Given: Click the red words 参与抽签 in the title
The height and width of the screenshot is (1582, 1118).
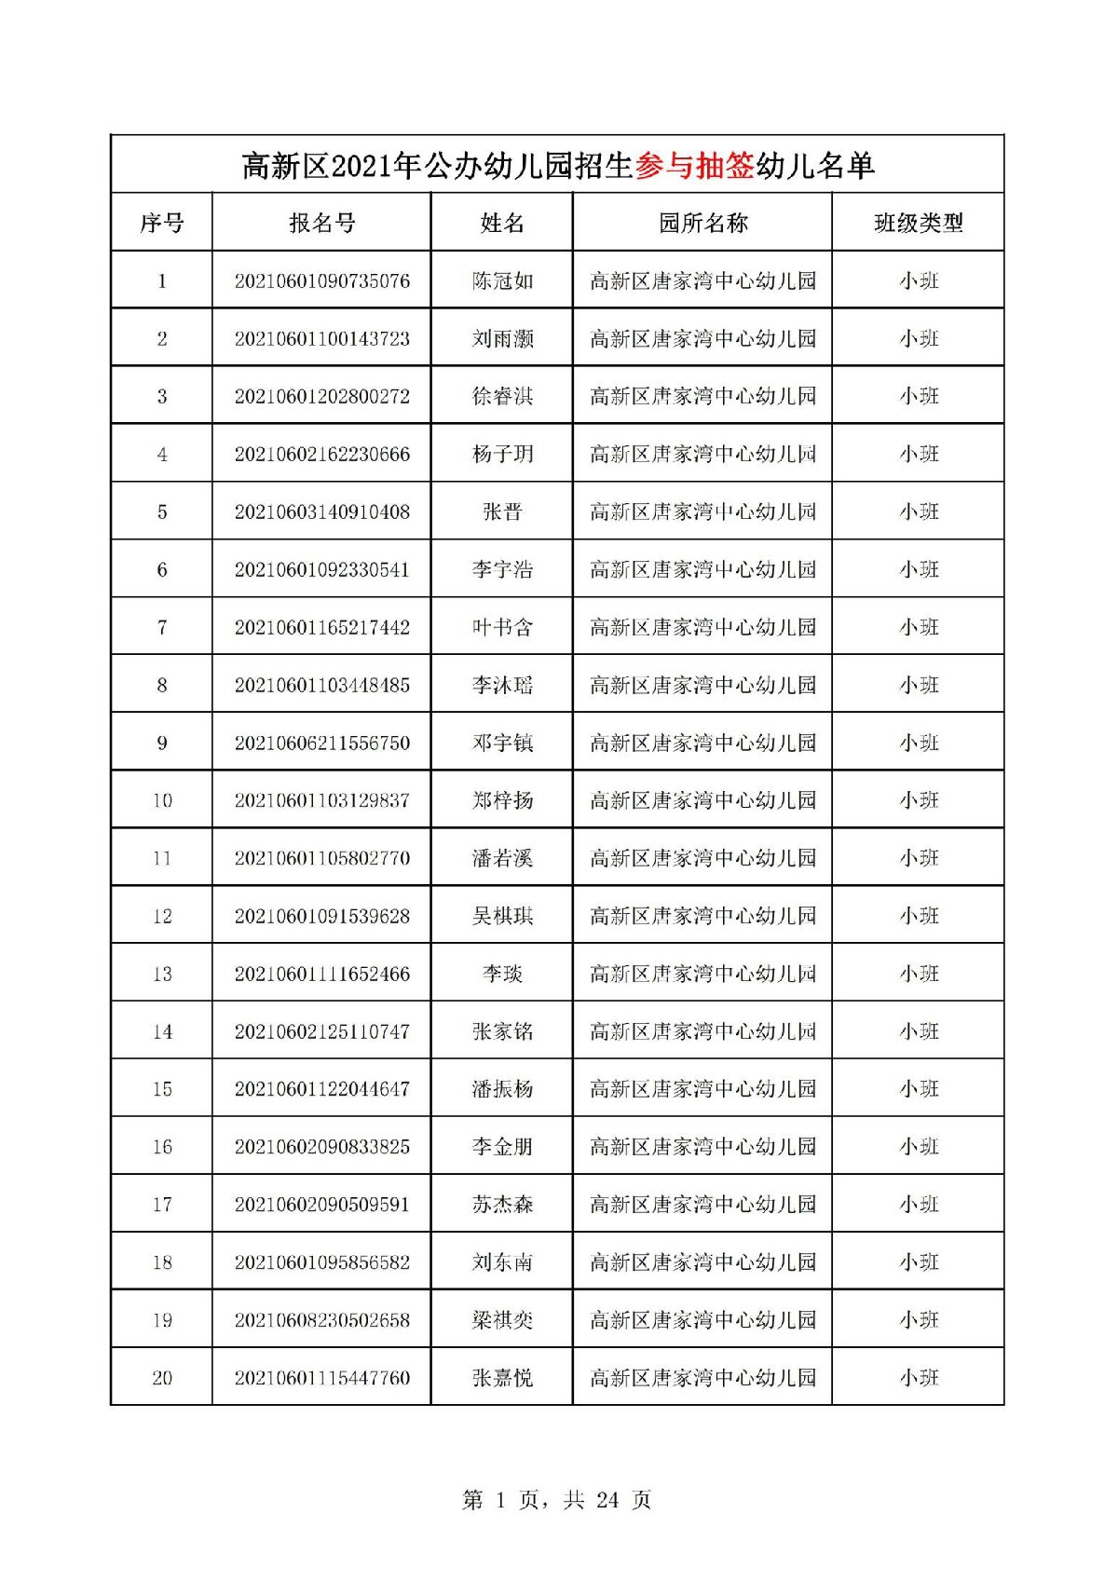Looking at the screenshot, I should tap(694, 166).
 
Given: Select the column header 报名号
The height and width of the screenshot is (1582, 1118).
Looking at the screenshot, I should tap(322, 224).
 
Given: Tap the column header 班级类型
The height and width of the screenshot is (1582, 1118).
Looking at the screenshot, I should tap(918, 224).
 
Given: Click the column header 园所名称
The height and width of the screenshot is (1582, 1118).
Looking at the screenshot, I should tap(702, 224).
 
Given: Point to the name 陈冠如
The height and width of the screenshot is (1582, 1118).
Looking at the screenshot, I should tap(502, 281).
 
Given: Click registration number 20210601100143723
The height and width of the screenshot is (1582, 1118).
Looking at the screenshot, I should tap(322, 339).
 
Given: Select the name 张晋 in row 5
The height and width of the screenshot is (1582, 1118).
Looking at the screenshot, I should tap(502, 512).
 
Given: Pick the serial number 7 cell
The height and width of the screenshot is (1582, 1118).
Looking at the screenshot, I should tap(162, 628).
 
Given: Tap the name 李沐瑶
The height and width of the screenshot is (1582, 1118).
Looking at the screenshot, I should tap(502, 686).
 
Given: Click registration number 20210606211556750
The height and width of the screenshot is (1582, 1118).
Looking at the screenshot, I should tap(322, 743).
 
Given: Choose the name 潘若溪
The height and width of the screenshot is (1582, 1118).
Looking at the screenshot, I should tap(502, 858).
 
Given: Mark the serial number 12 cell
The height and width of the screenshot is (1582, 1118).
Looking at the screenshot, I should tap(162, 917).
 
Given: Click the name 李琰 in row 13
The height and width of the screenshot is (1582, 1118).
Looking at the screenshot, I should tap(502, 975).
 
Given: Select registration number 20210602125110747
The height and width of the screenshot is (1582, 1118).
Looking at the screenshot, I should tap(322, 1032).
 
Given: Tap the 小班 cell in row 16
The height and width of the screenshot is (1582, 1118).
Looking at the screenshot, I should tap(919, 1147).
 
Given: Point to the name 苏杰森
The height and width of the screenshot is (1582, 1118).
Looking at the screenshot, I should tap(502, 1205).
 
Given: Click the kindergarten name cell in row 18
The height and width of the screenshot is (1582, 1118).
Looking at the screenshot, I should tap(702, 1262).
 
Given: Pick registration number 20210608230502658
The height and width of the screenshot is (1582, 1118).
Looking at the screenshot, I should tap(322, 1320).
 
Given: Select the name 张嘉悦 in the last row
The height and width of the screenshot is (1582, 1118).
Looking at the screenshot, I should tap(502, 1378).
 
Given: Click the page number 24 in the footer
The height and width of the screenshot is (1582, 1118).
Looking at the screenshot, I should tap(607, 1500).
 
